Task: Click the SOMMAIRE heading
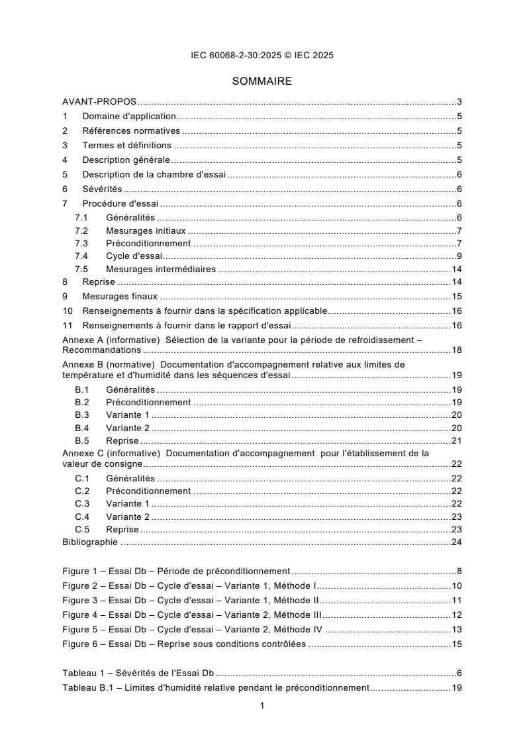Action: [262, 82]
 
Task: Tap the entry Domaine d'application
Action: [129, 117]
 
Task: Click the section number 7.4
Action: [81, 256]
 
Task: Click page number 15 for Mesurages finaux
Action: [456, 297]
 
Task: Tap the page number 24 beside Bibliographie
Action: [456, 542]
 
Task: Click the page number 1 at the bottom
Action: [262, 706]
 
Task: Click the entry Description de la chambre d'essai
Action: [155, 175]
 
